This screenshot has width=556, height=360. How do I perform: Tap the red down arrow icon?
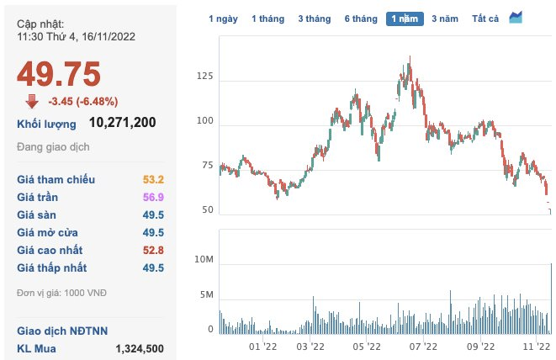pos(32,101)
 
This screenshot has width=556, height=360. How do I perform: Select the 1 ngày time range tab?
pos(223,18)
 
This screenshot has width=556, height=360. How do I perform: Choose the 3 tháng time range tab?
pos(314,18)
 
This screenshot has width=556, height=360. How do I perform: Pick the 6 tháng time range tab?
pos(359,18)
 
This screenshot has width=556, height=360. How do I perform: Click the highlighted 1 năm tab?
pos(405,18)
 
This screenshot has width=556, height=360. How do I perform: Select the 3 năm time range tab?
pos(446,18)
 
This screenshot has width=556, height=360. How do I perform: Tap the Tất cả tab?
pos(486,18)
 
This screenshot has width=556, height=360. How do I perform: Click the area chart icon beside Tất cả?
pos(516,17)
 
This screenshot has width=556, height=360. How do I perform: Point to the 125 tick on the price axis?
pos(204,77)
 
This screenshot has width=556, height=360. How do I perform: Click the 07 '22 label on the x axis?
pos(423,346)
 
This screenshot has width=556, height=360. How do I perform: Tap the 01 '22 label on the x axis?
pos(264,346)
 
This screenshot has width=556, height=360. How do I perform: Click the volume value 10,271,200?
pos(123,123)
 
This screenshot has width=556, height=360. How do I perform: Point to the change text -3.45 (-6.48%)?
pos(82,102)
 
